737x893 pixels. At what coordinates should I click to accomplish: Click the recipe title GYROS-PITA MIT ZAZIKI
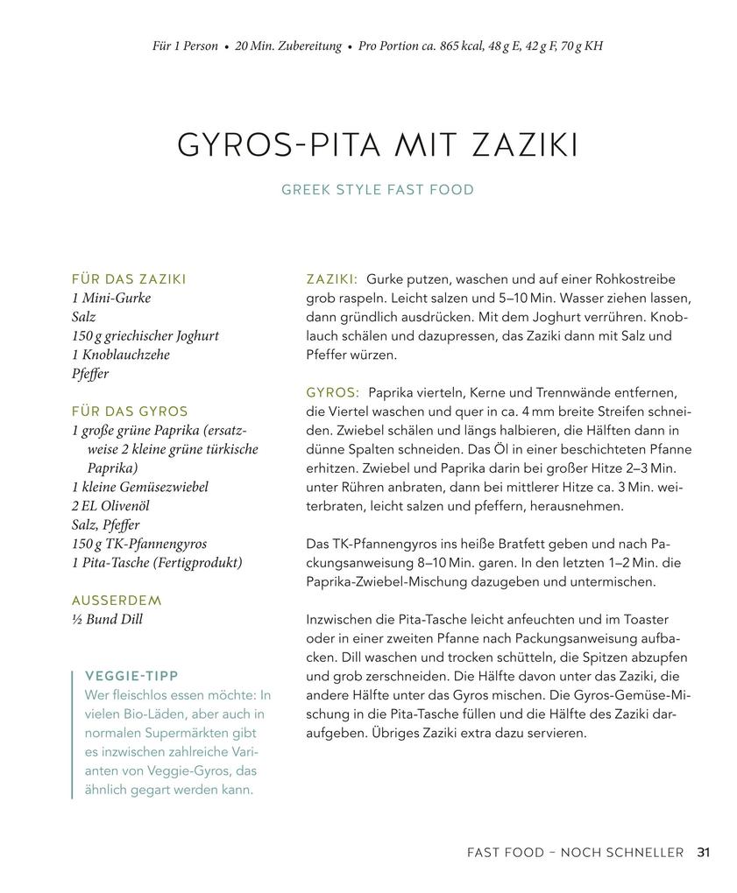click(377, 145)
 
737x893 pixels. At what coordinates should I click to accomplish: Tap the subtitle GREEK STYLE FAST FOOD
click(377, 190)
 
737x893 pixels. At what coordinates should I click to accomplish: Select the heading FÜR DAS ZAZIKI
click(129, 279)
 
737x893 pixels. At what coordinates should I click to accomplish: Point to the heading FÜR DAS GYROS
click(130, 411)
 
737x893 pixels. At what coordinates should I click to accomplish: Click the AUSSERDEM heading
click(117, 601)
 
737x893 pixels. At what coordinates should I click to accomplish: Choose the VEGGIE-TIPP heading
click(131, 676)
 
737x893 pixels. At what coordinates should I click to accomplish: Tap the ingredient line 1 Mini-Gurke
click(111, 298)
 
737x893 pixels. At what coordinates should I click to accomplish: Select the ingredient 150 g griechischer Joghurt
click(145, 335)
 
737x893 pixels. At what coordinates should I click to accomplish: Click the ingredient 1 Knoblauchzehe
click(121, 355)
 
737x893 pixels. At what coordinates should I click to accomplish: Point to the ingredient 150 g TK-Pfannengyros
click(139, 544)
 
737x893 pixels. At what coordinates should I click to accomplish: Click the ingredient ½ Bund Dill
click(107, 620)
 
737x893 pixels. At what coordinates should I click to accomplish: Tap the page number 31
click(704, 852)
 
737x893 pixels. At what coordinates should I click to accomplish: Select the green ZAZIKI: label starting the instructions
click(331, 279)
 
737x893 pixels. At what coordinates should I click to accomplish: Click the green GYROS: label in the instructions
click(332, 393)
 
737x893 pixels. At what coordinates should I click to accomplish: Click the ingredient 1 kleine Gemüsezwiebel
click(140, 487)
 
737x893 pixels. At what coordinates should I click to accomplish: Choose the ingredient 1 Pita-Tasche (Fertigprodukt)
click(157, 563)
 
